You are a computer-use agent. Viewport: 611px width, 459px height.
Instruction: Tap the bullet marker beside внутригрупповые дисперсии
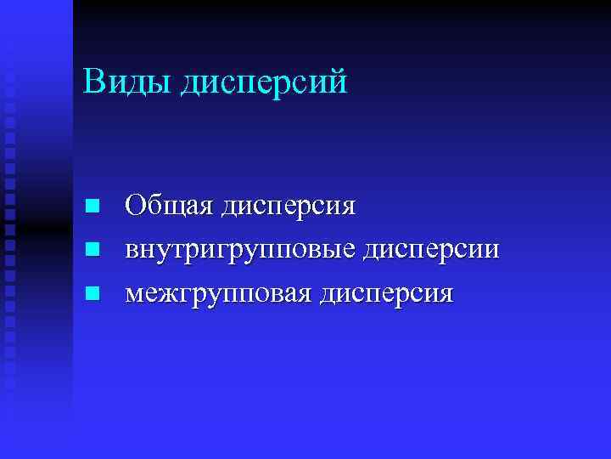94,250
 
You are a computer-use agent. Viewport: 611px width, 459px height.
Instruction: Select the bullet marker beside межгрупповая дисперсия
94,294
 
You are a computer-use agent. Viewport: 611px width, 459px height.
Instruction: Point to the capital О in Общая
136,206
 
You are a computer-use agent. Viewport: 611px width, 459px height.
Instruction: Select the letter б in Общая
152,206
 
